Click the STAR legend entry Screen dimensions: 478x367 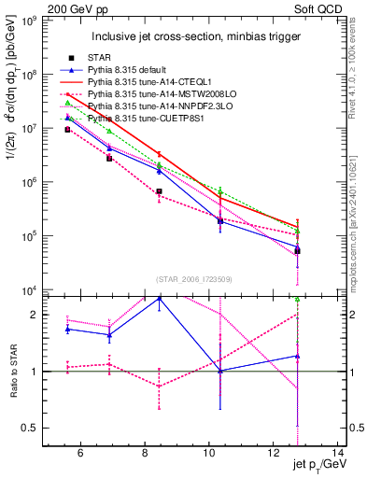[x=100, y=58]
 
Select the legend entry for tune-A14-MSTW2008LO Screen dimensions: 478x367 [x=155, y=94]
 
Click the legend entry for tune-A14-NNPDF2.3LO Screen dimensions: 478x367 [x=155, y=106]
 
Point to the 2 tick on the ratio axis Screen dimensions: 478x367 [x=36, y=315]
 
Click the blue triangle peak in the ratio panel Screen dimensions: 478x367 [x=160, y=298]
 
